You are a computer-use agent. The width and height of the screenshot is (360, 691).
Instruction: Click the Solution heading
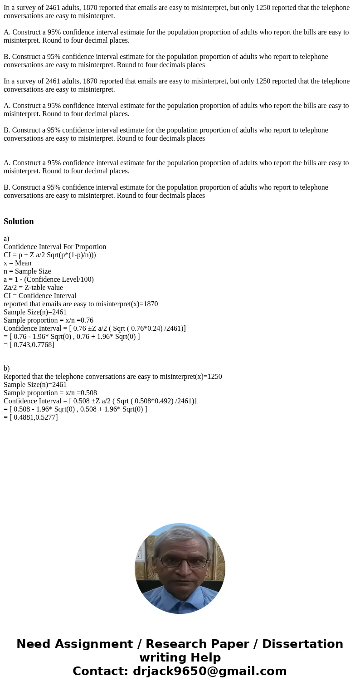(19, 221)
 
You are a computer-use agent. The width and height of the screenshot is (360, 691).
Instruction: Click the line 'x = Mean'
(18, 263)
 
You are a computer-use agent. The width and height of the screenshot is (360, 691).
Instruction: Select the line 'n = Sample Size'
(27, 271)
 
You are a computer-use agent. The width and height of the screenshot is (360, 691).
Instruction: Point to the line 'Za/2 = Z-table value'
(33, 288)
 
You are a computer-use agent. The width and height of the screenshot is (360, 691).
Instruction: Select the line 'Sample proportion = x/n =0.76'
(49, 320)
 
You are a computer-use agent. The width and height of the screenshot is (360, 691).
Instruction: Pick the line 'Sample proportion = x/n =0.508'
(50, 393)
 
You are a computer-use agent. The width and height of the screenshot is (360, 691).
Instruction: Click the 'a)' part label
(6, 239)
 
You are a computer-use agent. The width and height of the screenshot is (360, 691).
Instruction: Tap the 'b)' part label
(6, 368)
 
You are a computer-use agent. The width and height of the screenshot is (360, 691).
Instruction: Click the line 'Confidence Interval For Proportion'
(55, 247)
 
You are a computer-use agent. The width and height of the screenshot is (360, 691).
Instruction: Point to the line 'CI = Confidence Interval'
(40, 296)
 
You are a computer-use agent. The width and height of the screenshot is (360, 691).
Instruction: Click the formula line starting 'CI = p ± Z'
(50, 255)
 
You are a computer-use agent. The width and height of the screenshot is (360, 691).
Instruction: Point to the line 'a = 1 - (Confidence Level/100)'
(49, 279)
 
